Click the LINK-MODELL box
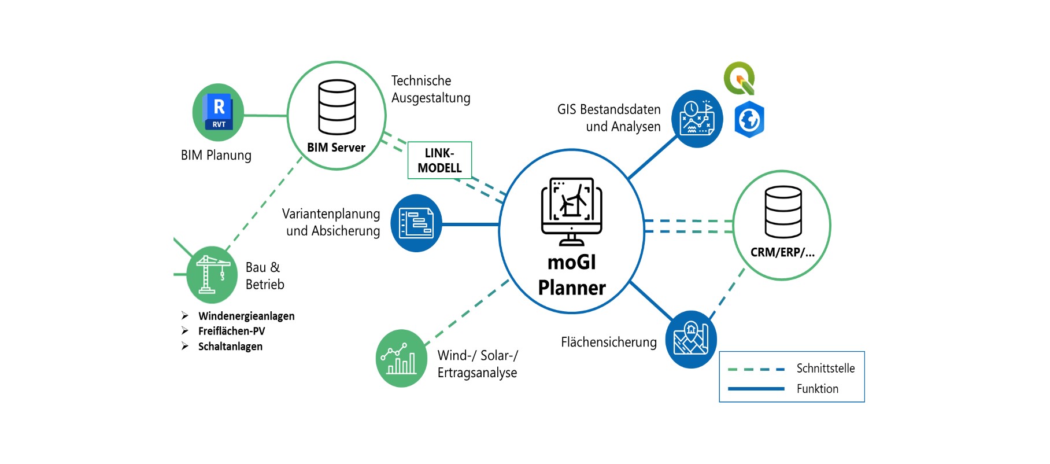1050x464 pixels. (x=439, y=160)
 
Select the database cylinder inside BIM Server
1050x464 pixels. (x=337, y=107)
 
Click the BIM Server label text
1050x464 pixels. (x=336, y=148)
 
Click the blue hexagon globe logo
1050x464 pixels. (x=749, y=120)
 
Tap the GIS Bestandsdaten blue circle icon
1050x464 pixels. (x=697, y=118)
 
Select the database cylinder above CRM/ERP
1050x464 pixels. (x=783, y=212)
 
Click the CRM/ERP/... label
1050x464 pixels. (x=782, y=252)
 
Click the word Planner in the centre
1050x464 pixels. (x=572, y=288)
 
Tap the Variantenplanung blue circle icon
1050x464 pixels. (x=416, y=223)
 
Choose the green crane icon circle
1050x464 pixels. (x=211, y=275)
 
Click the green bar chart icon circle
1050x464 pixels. (x=401, y=358)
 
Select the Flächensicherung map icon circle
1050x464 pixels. (x=690, y=339)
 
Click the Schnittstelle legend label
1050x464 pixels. (x=825, y=369)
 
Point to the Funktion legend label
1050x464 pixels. (x=817, y=389)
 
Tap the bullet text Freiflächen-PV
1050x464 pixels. (x=231, y=331)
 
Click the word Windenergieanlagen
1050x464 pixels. (x=246, y=316)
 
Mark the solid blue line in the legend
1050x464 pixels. (x=756, y=389)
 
